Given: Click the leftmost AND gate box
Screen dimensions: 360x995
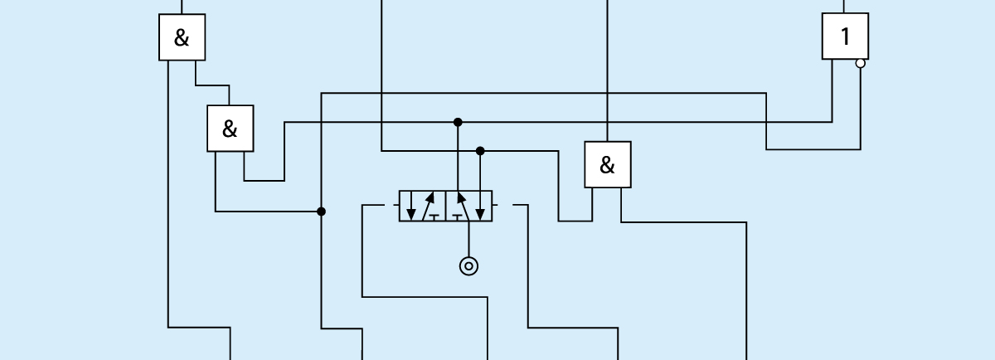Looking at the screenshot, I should [182, 37].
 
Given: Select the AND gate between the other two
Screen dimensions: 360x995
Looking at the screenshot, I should [230, 128].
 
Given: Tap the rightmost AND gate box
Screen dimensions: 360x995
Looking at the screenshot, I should [607, 164].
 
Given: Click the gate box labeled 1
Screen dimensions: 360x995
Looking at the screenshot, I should [845, 36].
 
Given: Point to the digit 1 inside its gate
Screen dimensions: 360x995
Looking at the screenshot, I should [845, 36].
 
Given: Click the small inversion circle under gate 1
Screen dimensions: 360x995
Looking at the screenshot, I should [860, 63].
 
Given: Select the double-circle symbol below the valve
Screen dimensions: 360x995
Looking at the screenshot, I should [468, 265].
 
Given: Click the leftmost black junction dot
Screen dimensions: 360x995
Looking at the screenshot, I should [321, 212].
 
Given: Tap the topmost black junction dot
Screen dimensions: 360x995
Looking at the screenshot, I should [458, 122].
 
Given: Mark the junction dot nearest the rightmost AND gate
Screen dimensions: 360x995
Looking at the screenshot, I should [480, 151].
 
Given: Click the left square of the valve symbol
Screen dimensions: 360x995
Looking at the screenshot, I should [423, 206].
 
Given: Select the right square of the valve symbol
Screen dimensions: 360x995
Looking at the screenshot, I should [469, 206].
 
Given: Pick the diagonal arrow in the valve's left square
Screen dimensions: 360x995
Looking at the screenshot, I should [428, 205].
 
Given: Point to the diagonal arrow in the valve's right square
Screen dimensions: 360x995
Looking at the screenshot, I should [463, 205].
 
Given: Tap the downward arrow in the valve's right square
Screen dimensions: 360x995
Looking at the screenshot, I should [480, 207].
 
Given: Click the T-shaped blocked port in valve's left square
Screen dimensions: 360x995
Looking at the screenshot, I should [435, 216].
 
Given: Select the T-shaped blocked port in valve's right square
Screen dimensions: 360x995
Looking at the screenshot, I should [456, 216].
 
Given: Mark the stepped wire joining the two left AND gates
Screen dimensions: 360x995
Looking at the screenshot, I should [213, 85].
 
